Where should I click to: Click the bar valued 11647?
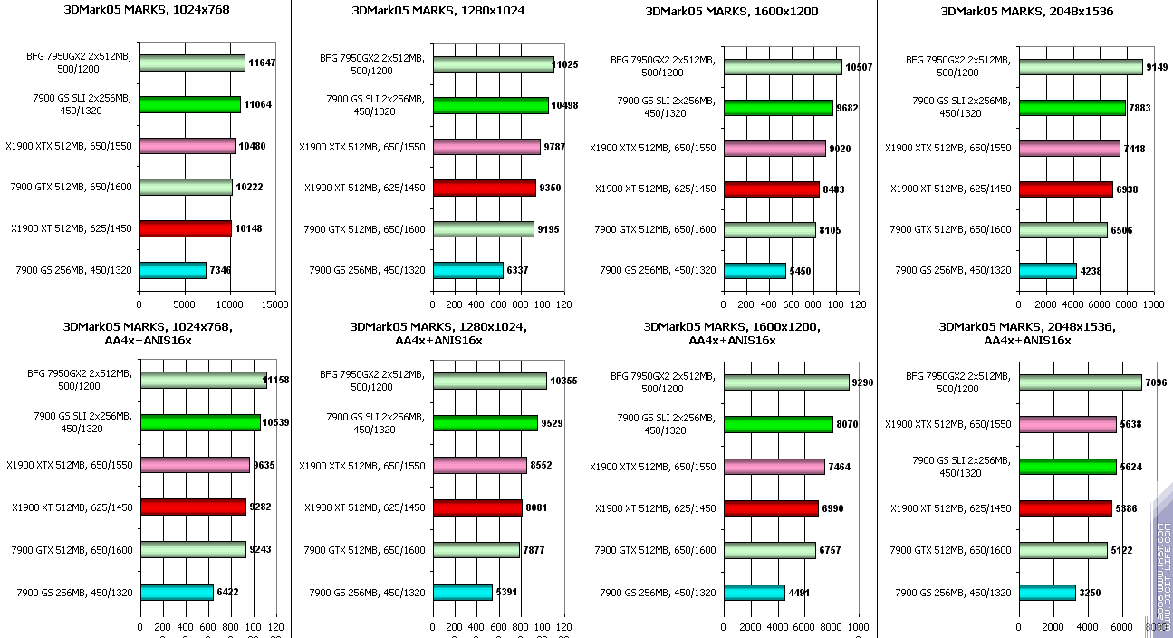pyautogui.click(x=192, y=63)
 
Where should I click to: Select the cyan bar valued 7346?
pyautogui.click(x=173, y=270)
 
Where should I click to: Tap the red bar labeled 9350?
pyautogui.click(x=485, y=188)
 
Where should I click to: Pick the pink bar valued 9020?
pyautogui.click(x=774, y=148)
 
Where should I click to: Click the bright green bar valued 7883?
pyautogui.click(x=1072, y=108)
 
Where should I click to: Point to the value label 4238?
pyautogui.click(x=1091, y=270)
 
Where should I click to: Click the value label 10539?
pyautogui.click(x=275, y=422)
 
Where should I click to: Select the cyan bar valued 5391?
pyautogui.click(x=463, y=592)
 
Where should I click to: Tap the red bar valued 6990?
pyautogui.click(x=771, y=508)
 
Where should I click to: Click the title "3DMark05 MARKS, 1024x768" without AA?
pyautogui.click(x=147, y=11)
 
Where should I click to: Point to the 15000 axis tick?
pyautogui.click(x=275, y=304)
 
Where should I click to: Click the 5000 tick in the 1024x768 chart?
pyautogui.click(x=185, y=304)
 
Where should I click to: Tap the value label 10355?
pyautogui.click(x=562, y=381)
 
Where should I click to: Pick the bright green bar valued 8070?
pyautogui.click(x=778, y=424)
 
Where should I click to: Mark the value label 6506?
pyautogui.click(x=1121, y=230)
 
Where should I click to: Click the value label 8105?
pyautogui.click(x=830, y=230)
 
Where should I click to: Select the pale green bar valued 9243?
pyautogui.click(x=193, y=549)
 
